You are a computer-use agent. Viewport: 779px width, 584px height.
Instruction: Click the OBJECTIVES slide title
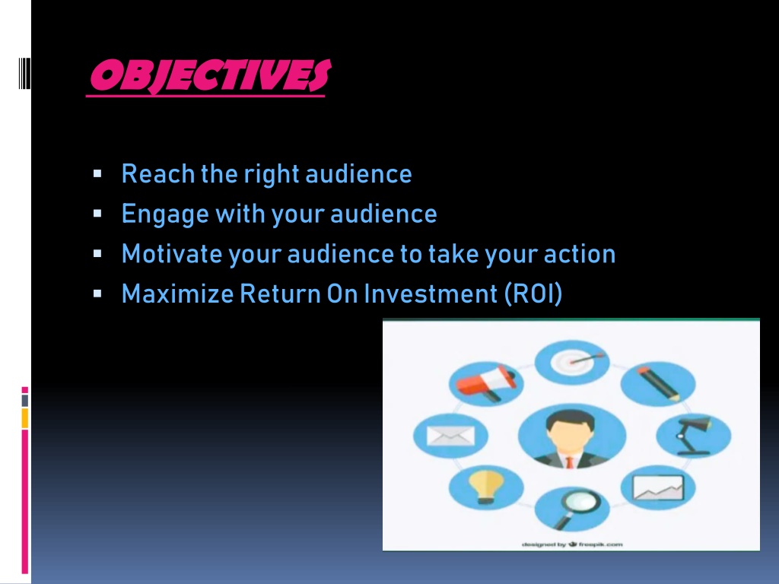tap(210, 76)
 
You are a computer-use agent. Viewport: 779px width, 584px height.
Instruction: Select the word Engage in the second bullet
tap(165, 214)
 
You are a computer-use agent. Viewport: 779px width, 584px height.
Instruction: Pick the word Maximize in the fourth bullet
tap(177, 294)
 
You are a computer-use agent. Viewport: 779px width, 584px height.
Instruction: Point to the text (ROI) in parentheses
tap(533, 294)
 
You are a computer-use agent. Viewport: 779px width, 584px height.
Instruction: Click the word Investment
tap(431, 294)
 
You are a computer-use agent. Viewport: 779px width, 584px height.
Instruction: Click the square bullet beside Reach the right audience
tap(97, 174)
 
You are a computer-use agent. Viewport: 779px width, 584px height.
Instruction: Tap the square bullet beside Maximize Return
tap(97, 294)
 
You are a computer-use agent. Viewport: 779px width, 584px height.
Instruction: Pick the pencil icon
tap(659, 383)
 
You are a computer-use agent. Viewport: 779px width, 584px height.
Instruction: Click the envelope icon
tap(450, 436)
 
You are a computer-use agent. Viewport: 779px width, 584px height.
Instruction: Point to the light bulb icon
tap(486, 487)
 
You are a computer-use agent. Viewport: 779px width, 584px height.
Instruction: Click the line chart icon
tap(658, 487)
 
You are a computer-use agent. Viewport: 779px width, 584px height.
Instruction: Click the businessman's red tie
tap(570, 462)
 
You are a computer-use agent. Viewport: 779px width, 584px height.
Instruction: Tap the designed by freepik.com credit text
tap(572, 544)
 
